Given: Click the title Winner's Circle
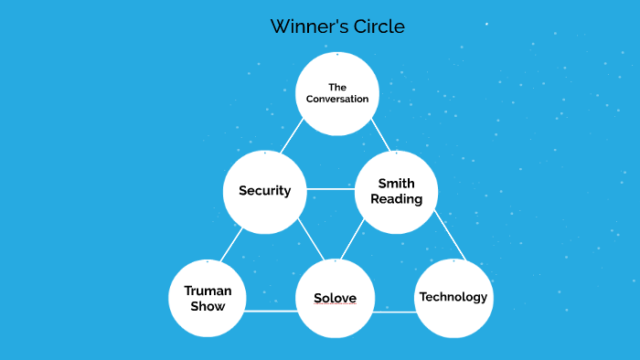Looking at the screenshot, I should (x=336, y=26).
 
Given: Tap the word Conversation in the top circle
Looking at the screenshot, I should (x=337, y=99).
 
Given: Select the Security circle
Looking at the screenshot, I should (x=264, y=191).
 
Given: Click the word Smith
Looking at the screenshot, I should (x=396, y=184).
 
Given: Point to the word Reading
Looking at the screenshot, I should (x=396, y=199).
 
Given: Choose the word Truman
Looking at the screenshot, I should (x=208, y=291).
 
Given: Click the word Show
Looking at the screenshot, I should (x=208, y=306).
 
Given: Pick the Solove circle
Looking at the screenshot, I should (x=335, y=299).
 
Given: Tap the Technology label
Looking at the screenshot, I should (x=453, y=297).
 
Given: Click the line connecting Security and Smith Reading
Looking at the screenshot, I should (x=329, y=189).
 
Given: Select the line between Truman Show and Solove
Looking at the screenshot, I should (x=271, y=311).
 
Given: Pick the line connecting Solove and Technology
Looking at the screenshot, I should (x=394, y=312).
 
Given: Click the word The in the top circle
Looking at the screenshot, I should (x=337, y=87).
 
